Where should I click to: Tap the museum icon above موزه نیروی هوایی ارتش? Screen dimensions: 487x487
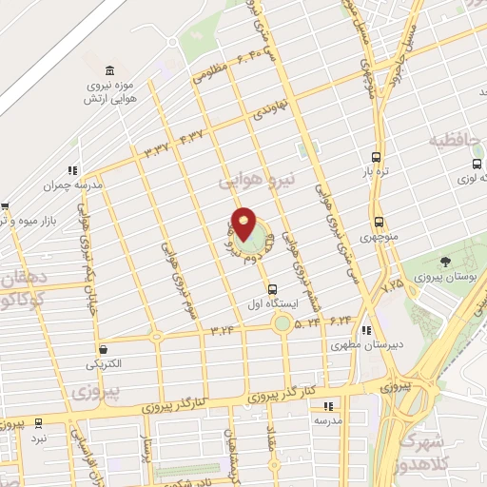(x=111, y=71)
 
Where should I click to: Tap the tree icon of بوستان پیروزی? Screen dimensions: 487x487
(x=445, y=262)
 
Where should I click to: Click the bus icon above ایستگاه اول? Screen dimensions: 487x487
(x=273, y=288)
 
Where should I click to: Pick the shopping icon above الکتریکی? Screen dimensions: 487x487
(x=103, y=349)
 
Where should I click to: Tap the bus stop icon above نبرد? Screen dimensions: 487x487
(x=38, y=422)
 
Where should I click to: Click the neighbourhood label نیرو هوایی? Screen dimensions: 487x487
(x=259, y=179)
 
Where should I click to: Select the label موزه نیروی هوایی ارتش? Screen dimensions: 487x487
(x=111, y=92)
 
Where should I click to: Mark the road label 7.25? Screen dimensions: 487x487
(x=392, y=283)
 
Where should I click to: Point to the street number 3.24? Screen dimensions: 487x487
(x=222, y=330)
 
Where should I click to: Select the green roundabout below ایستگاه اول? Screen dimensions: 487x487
(x=282, y=323)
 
